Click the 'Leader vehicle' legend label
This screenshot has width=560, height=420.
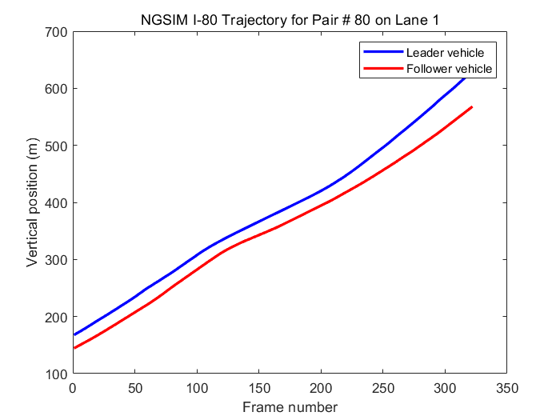pyautogui.click(x=445, y=52)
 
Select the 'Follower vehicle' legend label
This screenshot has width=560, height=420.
pyautogui.click(x=450, y=69)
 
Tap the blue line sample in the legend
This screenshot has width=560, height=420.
pyautogui.click(x=382, y=52)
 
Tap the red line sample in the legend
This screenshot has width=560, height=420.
pyautogui.click(x=382, y=69)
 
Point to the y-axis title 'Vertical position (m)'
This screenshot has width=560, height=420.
pyautogui.click(x=33, y=203)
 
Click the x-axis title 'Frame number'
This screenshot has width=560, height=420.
pyautogui.click(x=290, y=407)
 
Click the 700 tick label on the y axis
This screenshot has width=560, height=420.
pyautogui.click(x=56, y=32)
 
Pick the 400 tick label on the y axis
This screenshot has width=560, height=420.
pyautogui.click(x=56, y=203)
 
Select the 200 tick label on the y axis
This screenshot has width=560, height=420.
pyautogui.click(x=56, y=318)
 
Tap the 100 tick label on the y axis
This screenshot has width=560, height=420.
pyautogui.click(x=56, y=374)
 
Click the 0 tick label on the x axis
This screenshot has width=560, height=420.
pyautogui.click(x=73, y=388)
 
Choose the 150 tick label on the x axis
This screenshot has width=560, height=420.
pyautogui.click(x=259, y=388)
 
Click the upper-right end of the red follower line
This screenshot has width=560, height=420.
pyautogui.click(x=472, y=106)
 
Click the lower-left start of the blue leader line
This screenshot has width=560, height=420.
pyautogui.click(x=74, y=334)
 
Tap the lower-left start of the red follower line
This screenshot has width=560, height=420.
pyautogui.click(x=74, y=348)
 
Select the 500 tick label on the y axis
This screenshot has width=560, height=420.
pyautogui.click(x=56, y=146)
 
